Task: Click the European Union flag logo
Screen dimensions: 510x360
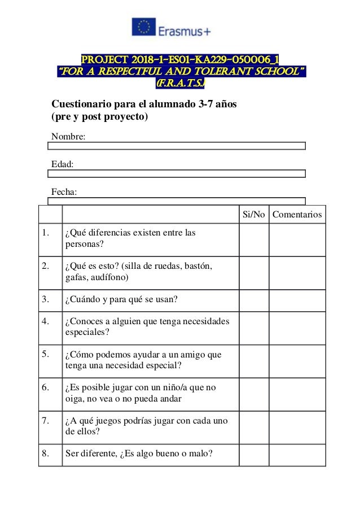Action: tap(143, 27)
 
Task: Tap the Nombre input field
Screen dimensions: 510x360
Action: tap(177, 146)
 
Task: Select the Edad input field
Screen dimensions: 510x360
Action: tap(177, 173)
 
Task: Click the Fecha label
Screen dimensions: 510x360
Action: tap(64, 192)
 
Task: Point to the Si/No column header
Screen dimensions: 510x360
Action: tap(253, 215)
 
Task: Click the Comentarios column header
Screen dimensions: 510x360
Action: tap(297, 215)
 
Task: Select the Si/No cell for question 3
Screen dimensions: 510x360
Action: tap(253, 300)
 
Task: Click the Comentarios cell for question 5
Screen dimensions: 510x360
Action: tap(297, 361)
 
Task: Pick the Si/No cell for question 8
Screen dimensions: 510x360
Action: tap(253, 455)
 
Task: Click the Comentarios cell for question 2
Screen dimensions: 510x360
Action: tap(297, 273)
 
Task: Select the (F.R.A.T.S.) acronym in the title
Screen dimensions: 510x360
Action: tap(181, 84)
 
